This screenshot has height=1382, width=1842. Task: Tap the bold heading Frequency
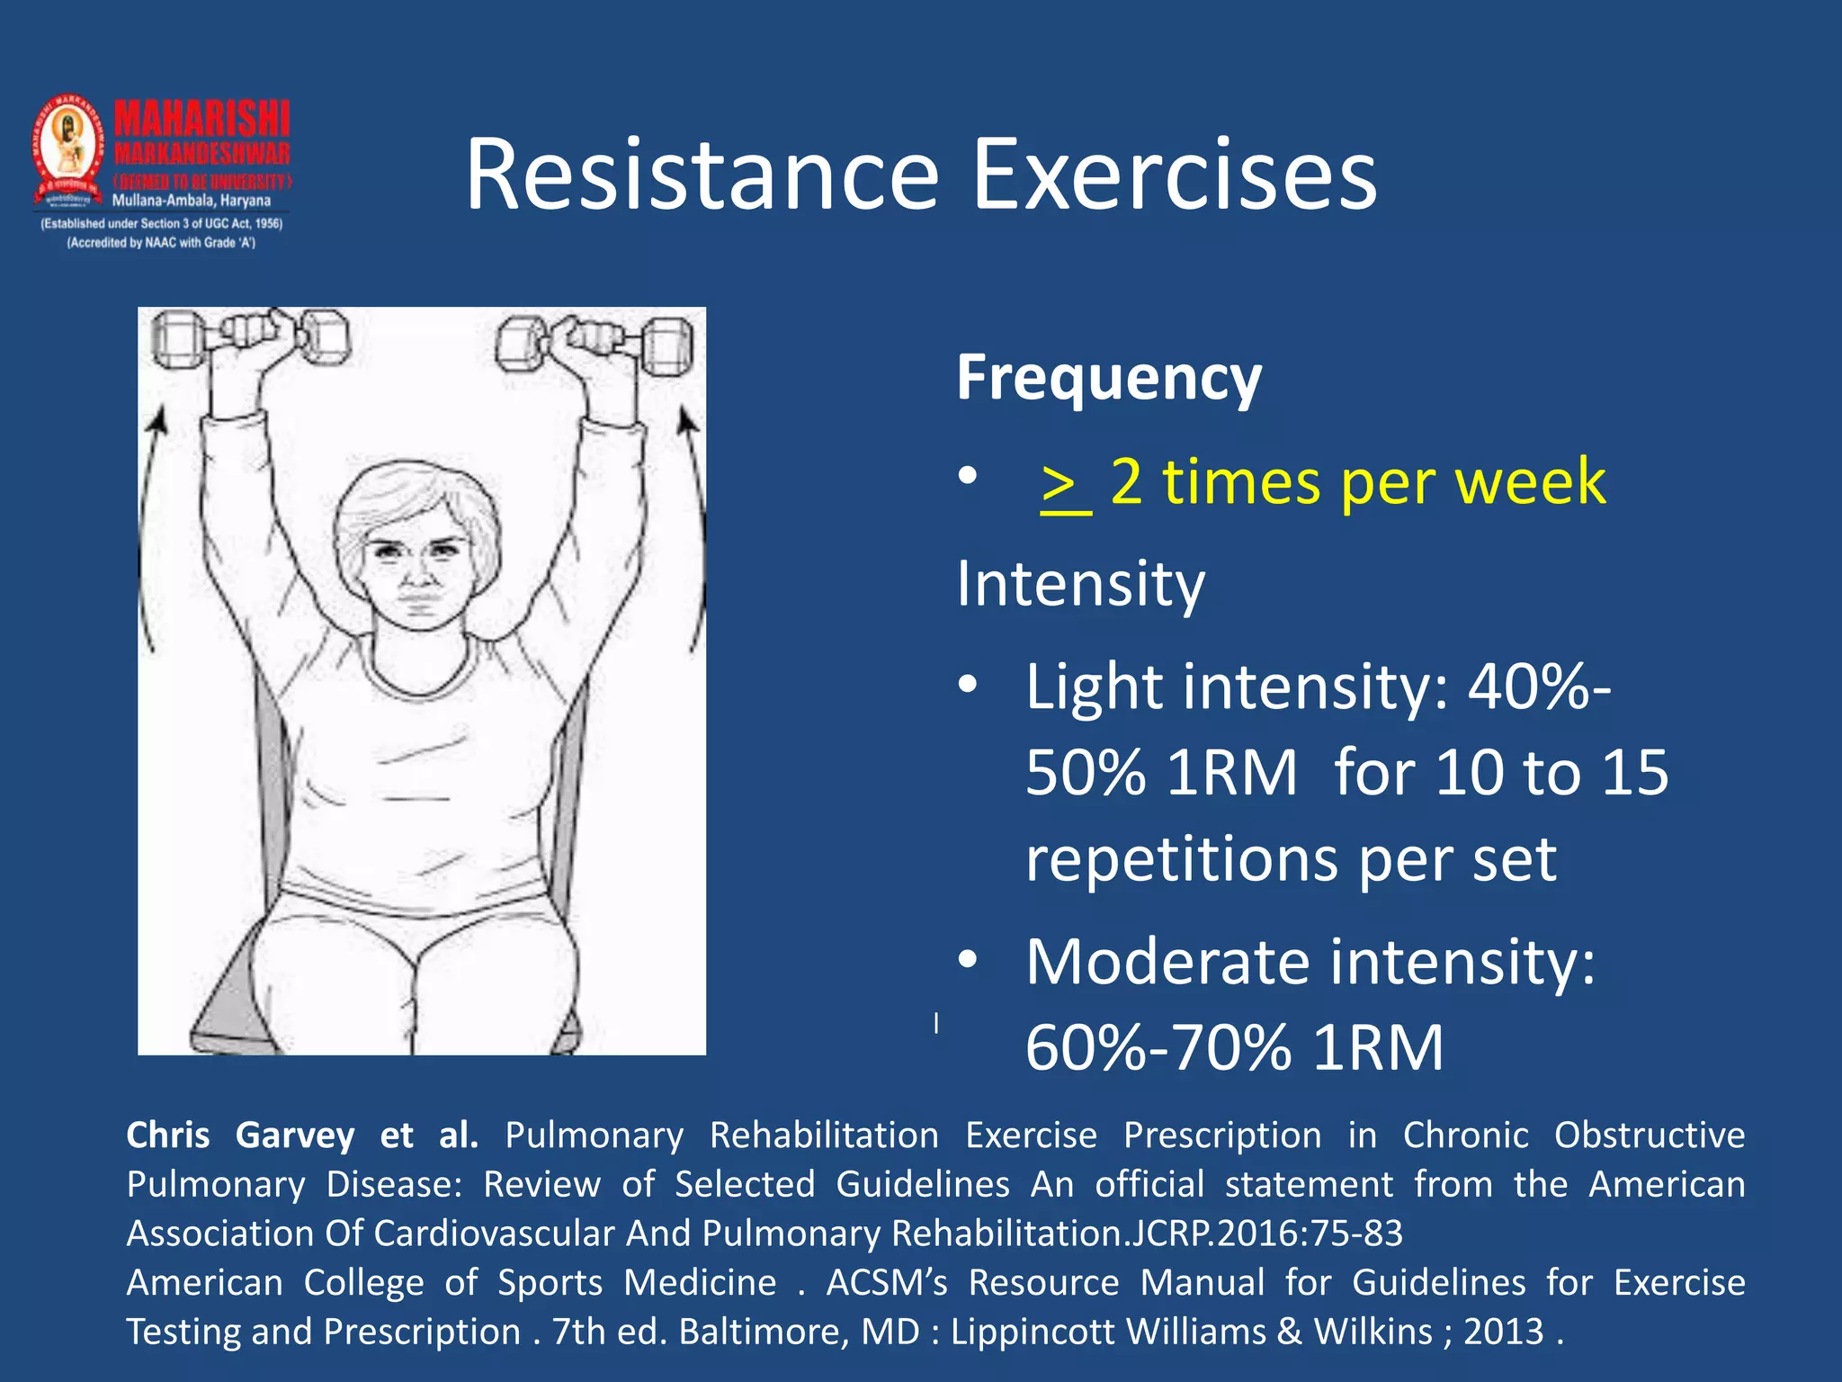coord(1108,378)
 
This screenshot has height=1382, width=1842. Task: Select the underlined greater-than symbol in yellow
coord(1064,486)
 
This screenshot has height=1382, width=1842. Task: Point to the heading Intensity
coord(1079,585)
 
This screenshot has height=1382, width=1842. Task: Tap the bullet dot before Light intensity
coord(967,685)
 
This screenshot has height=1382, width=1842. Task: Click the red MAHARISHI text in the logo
coord(201,119)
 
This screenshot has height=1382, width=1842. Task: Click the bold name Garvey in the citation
coord(294,1135)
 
